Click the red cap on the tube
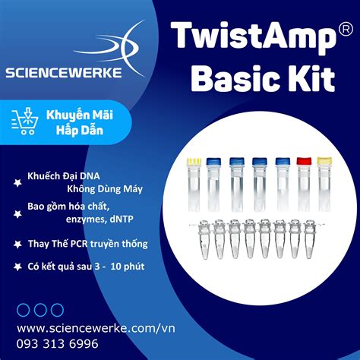(x=305, y=162)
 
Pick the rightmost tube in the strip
(x=312, y=236)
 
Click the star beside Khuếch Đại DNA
(x=16, y=182)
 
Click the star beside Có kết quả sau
(x=16, y=267)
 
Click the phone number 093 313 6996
(x=57, y=343)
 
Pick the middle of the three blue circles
(x=39, y=310)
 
